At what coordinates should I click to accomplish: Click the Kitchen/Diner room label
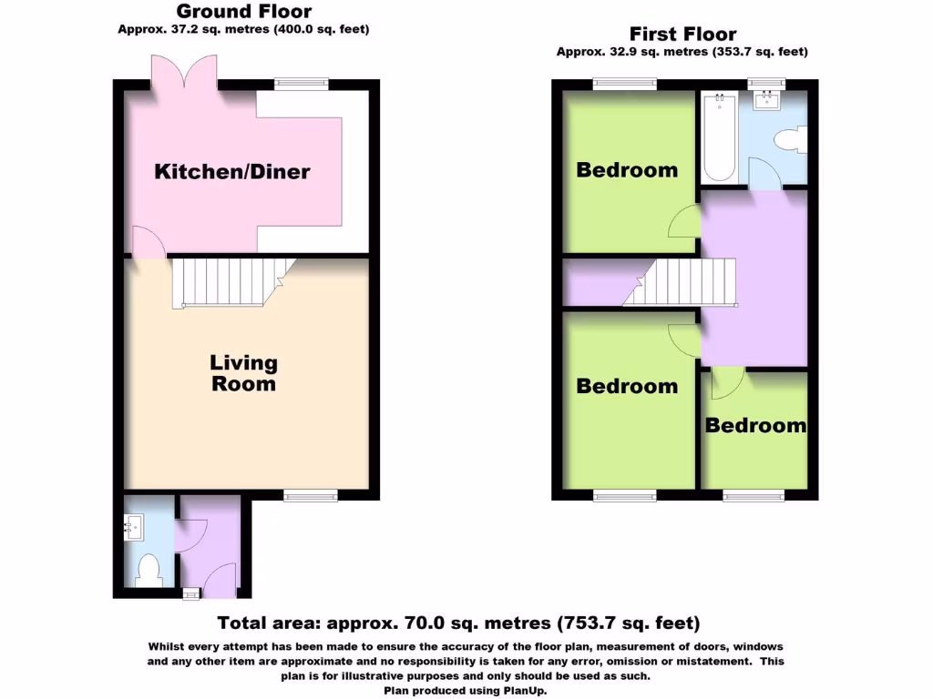pyautogui.click(x=232, y=171)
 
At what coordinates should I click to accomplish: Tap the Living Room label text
pyautogui.click(x=243, y=373)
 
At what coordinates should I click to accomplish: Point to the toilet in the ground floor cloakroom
pyautogui.click(x=148, y=571)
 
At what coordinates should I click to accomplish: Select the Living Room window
pyautogui.click(x=310, y=495)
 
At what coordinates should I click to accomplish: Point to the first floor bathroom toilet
pyautogui.click(x=787, y=141)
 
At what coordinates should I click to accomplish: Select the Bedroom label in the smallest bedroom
pyautogui.click(x=755, y=426)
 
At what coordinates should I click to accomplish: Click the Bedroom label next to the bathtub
pyautogui.click(x=627, y=170)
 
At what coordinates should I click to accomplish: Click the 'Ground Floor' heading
pyautogui.click(x=243, y=12)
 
